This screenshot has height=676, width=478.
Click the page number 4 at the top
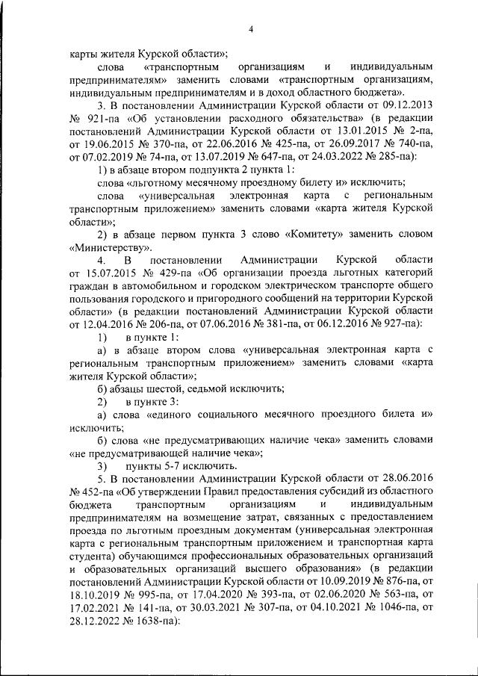pos(252,29)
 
